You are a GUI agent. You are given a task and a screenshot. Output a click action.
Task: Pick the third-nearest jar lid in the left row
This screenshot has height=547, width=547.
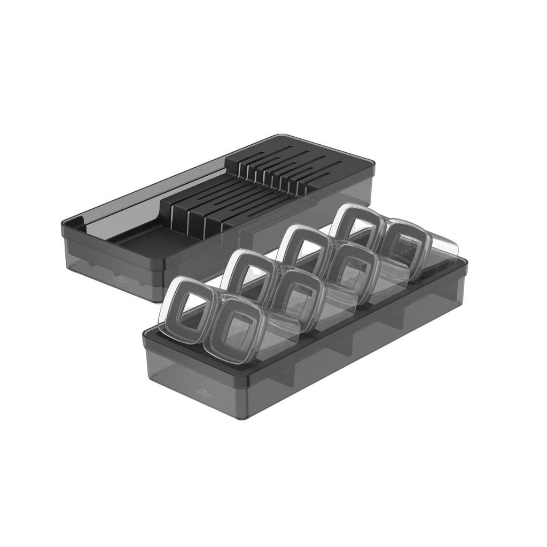point(302,249)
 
